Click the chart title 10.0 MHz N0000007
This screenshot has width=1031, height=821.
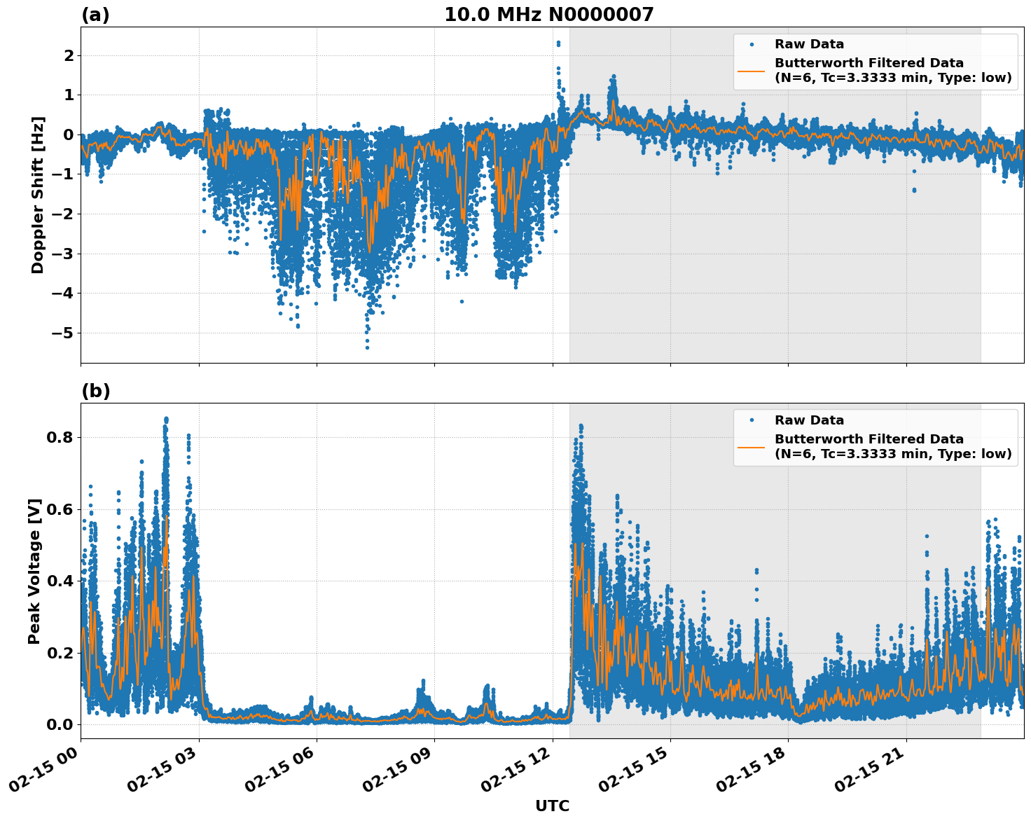[x=548, y=15]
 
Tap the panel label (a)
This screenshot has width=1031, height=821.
[x=95, y=15]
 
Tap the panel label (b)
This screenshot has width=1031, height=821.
[x=95, y=391]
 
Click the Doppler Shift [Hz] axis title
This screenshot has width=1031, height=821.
[x=38, y=195]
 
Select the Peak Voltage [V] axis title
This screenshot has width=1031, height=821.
[x=34, y=571]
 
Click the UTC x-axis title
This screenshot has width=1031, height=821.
[x=552, y=806]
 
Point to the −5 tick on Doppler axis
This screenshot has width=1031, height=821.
[x=63, y=333]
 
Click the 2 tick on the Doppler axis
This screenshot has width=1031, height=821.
[x=69, y=55]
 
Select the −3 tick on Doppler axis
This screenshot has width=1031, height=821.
[x=63, y=254]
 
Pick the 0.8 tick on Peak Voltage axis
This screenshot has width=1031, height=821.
[x=60, y=437]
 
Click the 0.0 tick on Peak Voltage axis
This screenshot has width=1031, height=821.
[x=60, y=724]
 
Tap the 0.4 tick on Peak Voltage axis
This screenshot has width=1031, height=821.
[x=60, y=581]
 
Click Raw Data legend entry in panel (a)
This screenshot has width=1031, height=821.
[x=809, y=44]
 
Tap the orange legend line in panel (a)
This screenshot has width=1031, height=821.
[x=751, y=70]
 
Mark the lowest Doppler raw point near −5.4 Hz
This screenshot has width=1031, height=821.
[x=367, y=347]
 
